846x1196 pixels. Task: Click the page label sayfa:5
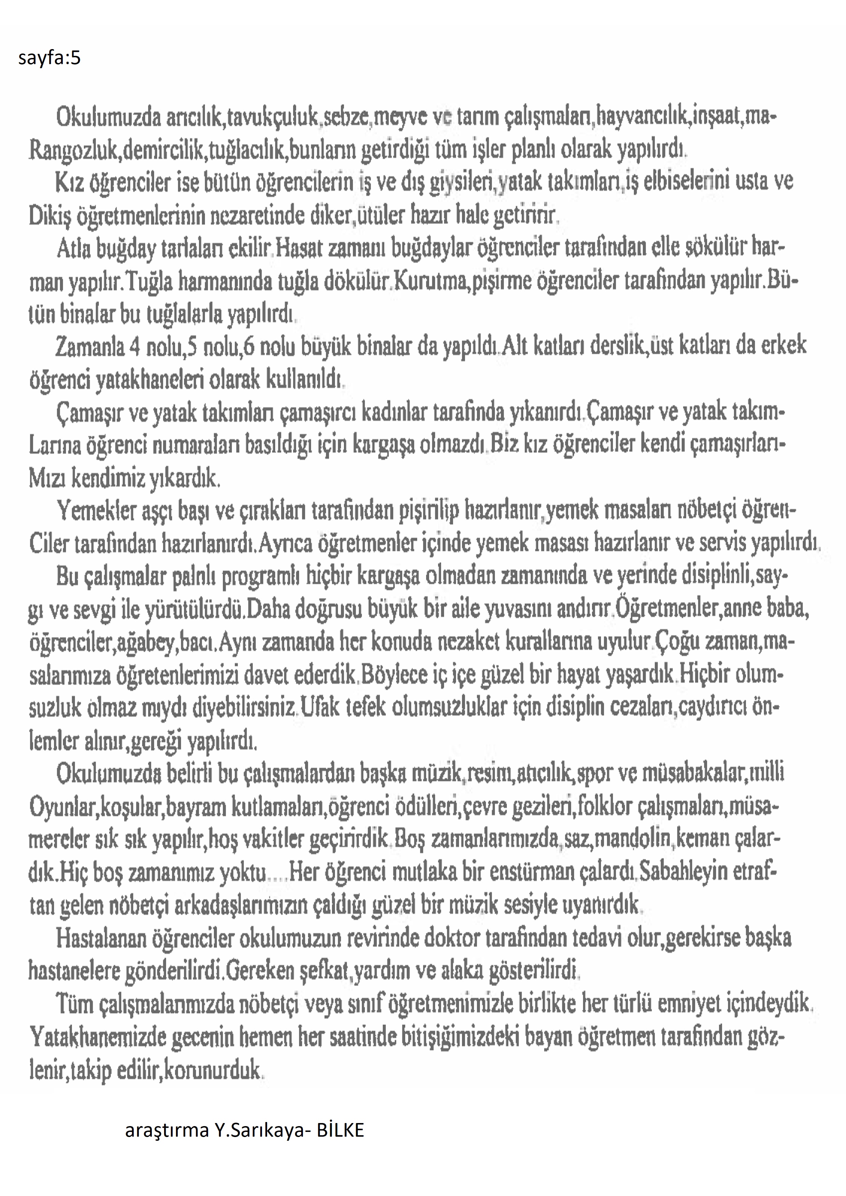tap(49, 58)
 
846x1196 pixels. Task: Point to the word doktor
tap(451, 939)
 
